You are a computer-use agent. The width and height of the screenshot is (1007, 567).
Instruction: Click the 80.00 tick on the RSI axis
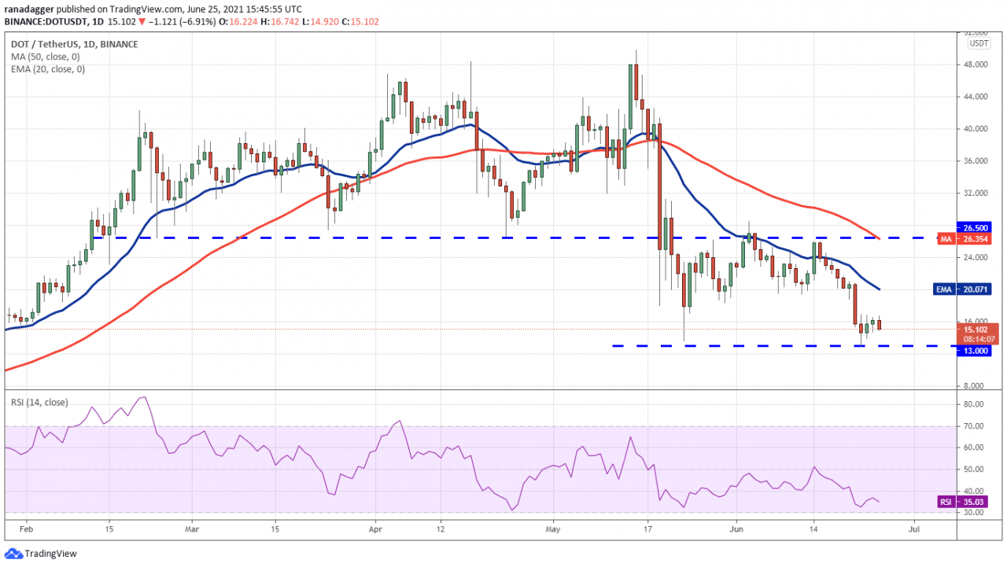[x=974, y=404]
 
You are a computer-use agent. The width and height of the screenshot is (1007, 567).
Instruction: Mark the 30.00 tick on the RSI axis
[x=974, y=512]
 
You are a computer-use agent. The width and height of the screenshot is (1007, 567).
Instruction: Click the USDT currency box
[x=979, y=43]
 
